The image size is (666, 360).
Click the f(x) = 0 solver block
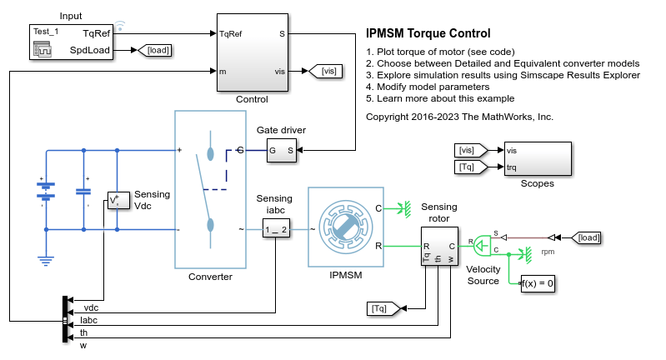pyautogui.click(x=538, y=283)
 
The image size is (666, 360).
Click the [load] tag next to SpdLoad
pyautogui.click(x=158, y=51)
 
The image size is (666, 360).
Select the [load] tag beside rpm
pyautogui.click(x=587, y=237)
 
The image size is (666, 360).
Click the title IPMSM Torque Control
pyautogui.click(x=428, y=34)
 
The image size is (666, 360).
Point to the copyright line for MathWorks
pyautogui.click(x=459, y=117)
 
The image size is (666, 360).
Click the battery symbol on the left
pyautogui.click(x=46, y=190)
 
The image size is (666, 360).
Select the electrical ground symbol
pyautogui.click(x=46, y=259)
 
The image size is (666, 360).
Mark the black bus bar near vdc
pyautogui.click(x=65, y=317)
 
